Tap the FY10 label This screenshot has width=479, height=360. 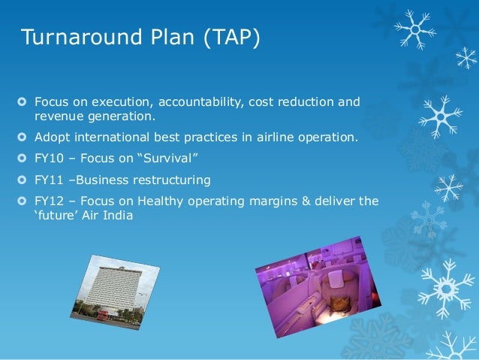49,159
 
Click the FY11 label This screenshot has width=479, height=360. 49,180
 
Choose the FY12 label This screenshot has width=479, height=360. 49,201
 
